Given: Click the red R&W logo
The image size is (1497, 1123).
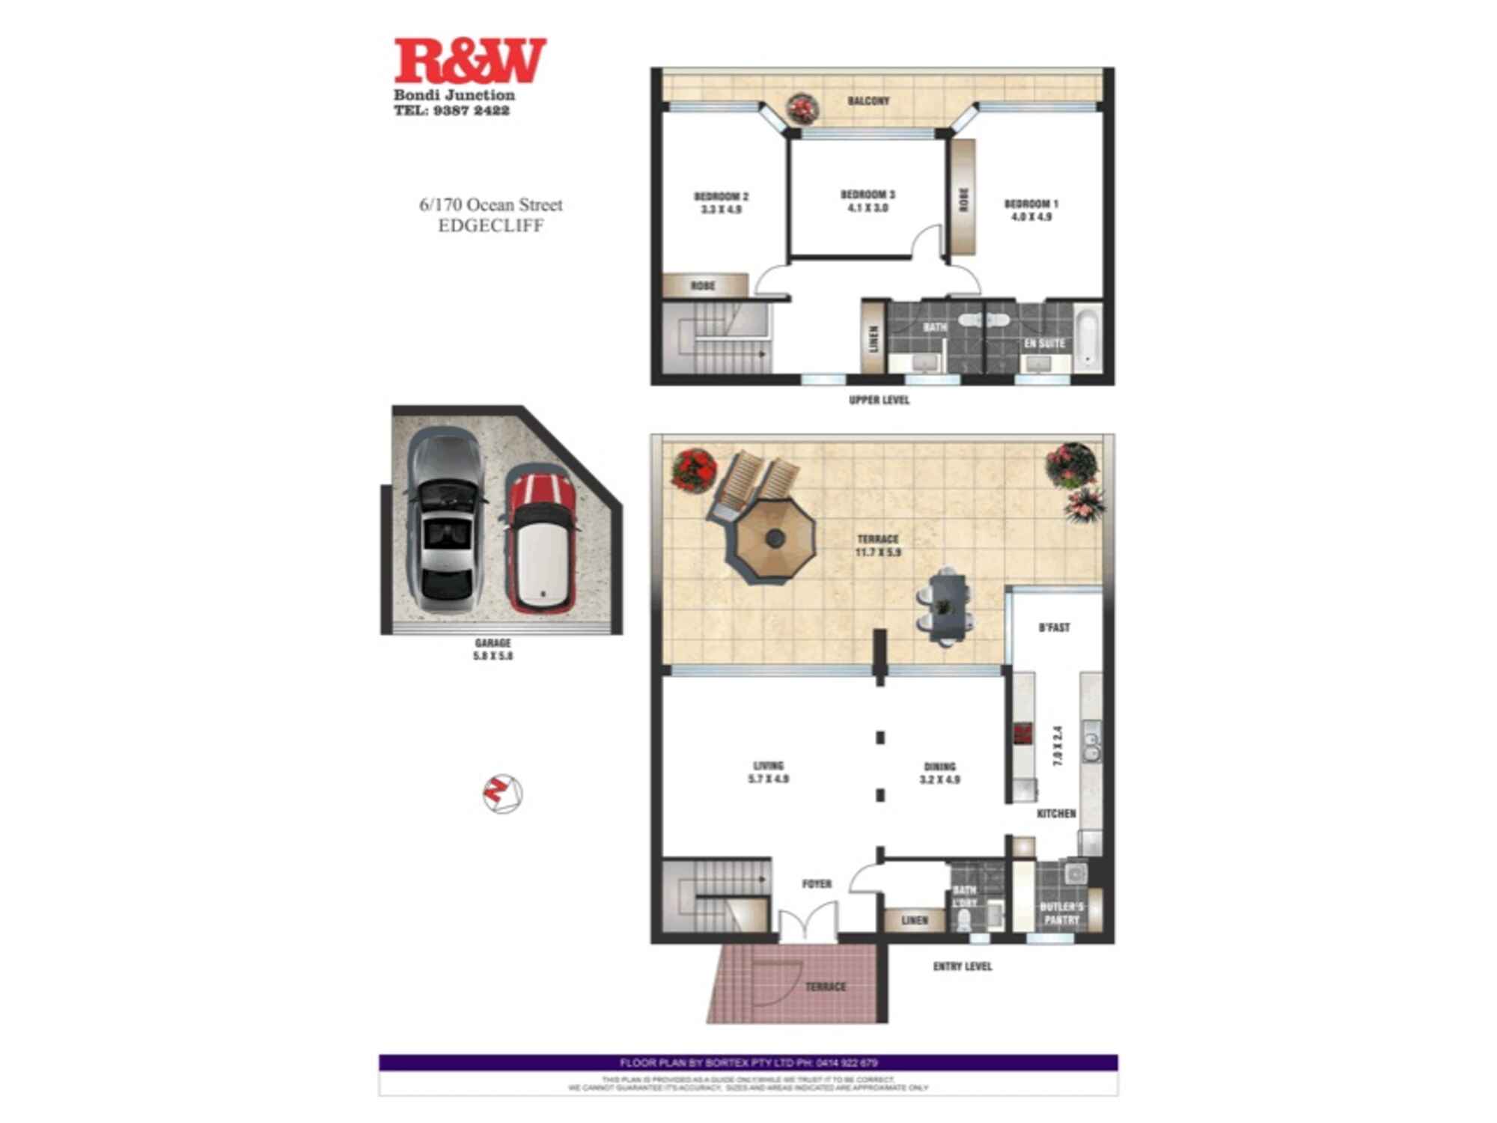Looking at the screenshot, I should click(470, 61).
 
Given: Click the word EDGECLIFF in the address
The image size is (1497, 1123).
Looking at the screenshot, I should click(490, 226).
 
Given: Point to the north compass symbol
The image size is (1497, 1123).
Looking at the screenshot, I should click(501, 794).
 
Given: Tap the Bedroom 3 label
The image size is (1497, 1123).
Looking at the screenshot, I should click(868, 195).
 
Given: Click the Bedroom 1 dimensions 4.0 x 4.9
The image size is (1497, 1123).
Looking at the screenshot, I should click(1031, 217).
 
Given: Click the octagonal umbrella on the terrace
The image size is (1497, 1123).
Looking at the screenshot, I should click(775, 538).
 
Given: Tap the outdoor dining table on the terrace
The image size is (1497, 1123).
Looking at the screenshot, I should click(945, 606).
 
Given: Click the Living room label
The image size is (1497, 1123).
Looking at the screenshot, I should click(768, 766).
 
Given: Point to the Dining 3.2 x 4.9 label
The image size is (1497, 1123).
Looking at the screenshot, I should click(939, 773).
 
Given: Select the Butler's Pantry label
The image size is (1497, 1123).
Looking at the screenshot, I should click(1061, 913).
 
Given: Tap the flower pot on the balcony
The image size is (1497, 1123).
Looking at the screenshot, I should click(802, 109).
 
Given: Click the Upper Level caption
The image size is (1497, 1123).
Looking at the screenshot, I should click(879, 401).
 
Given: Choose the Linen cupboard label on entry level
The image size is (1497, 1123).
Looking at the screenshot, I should click(914, 920).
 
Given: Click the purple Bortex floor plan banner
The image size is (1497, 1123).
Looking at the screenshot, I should click(748, 1062).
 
